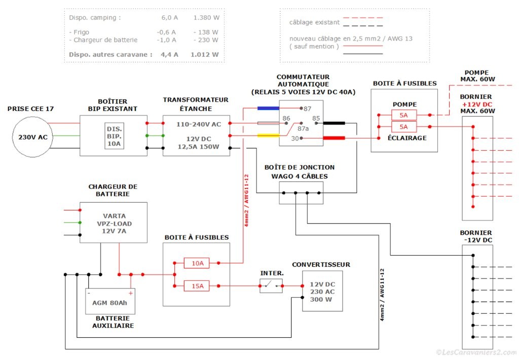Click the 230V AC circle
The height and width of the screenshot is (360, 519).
coord(33,136)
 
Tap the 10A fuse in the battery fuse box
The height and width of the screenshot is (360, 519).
coord(197,263)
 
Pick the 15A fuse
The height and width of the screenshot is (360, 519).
coord(197,286)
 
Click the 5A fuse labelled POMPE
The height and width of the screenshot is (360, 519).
coord(404,115)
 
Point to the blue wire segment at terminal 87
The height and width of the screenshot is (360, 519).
coord(268,108)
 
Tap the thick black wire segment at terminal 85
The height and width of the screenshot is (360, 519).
coord(334,123)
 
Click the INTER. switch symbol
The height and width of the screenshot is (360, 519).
coord(271,286)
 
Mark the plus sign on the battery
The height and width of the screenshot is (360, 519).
coord(130,293)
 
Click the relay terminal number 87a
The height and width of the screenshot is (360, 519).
coord(303,129)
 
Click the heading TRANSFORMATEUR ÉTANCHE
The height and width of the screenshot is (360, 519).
coord(195,104)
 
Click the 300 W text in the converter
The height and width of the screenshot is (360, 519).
coord(321,300)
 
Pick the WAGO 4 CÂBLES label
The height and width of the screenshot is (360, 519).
coord(300,176)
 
